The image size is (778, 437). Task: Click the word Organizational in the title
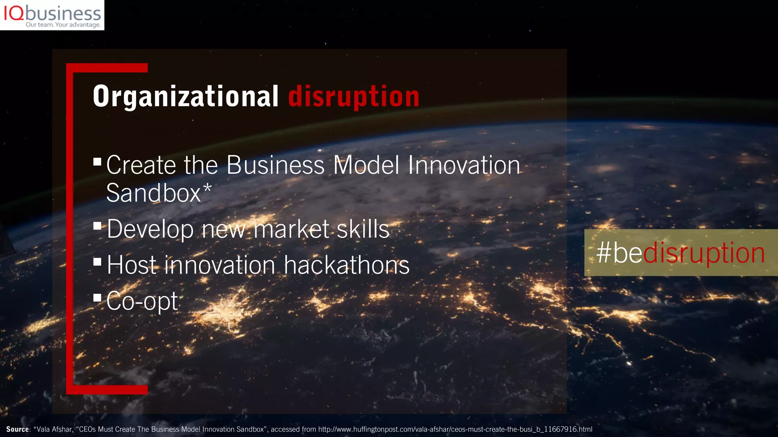click(186, 97)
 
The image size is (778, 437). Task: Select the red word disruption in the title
click(354, 97)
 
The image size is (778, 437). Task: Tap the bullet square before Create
click(97, 162)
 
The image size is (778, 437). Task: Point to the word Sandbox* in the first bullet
click(158, 193)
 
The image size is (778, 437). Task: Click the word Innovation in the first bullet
click(464, 165)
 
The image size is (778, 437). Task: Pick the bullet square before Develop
click(97, 226)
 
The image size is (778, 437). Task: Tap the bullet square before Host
click(97, 261)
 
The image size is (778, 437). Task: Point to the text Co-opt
click(142, 301)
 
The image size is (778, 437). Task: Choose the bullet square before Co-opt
click(97, 297)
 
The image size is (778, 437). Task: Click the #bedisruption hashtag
click(680, 253)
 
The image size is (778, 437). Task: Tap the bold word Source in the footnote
click(17, 429)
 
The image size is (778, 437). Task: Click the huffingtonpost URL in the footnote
click(455, 429)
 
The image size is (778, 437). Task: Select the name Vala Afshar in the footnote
click(54, 429)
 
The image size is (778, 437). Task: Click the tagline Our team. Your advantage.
click(63, 25)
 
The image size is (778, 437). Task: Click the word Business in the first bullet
click(275, 165)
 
